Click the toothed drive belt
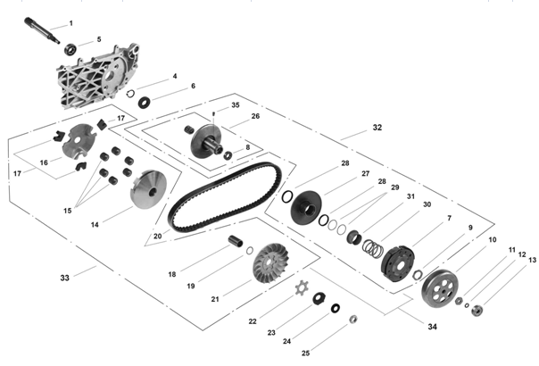pos(225,196)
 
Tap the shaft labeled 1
pos(42,30)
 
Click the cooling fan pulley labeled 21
pos(271,263)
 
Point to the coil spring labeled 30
pos(373,248)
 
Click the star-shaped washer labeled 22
pos(302,288)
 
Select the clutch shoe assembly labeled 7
pos(398,263)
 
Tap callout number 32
pos(377,128)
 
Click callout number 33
pos(64,278)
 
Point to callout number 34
pos(432,327)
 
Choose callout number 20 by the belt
pos(157,236)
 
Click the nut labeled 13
pos(477,311)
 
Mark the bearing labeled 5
pos(70,49)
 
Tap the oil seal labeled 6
pos(145,102)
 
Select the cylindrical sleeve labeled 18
pos(236,240)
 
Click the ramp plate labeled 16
pos(78,141)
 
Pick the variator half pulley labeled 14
pos(148,189)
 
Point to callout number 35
pos(235,105)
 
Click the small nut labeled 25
pos(353,320)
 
